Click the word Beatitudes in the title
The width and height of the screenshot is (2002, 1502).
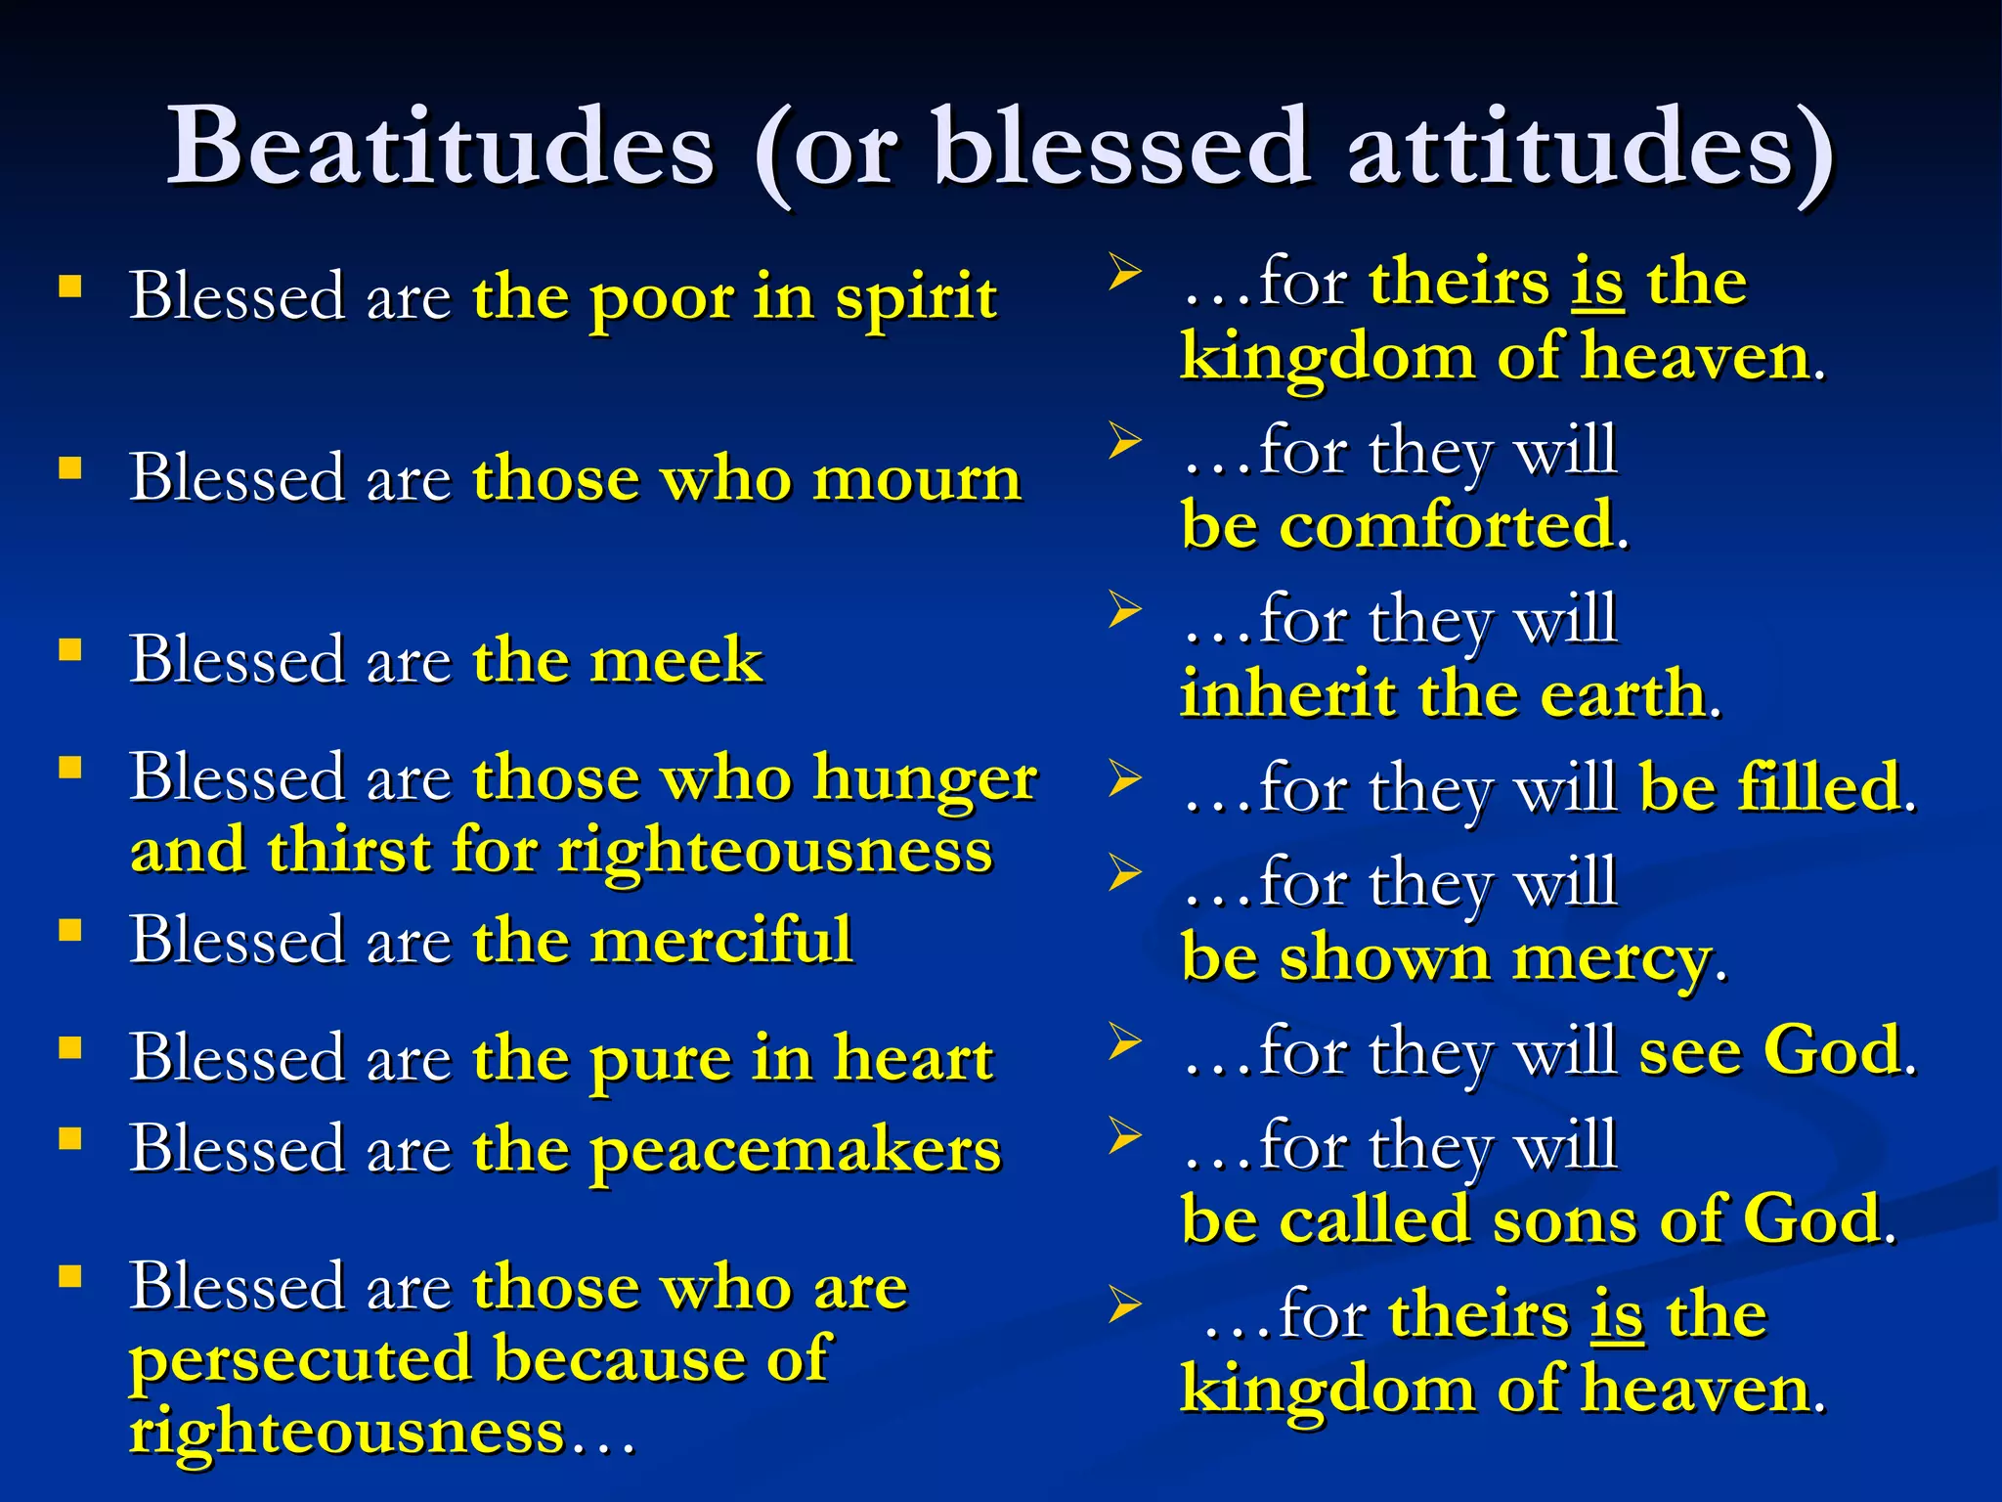[x=441, y=147]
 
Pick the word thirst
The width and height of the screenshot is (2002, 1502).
[x=349, y=850]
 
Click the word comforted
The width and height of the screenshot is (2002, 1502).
[x=1446, y=526]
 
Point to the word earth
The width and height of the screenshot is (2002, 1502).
[x=1623, y=695]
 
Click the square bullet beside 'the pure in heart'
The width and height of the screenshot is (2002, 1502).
[x=69, y=1049]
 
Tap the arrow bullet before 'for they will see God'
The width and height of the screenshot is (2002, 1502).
[x=1124, y=1041]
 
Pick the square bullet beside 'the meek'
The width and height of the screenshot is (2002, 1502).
[x=69, y=650]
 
